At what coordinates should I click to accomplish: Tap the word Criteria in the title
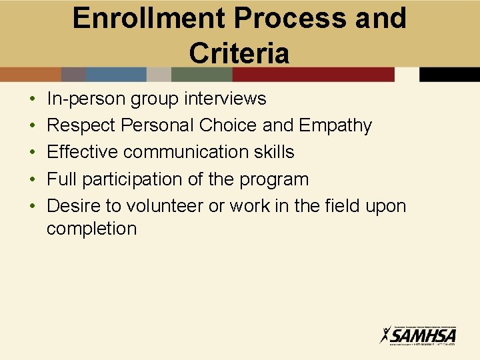239,53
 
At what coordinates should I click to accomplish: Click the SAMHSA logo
418,334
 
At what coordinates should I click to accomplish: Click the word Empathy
335,125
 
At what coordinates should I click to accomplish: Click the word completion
91,229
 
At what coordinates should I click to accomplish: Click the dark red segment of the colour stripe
313,74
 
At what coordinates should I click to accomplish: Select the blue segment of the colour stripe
116,74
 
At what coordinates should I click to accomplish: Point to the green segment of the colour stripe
201,74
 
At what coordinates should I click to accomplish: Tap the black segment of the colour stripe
449,74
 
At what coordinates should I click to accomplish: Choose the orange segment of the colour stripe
31,74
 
